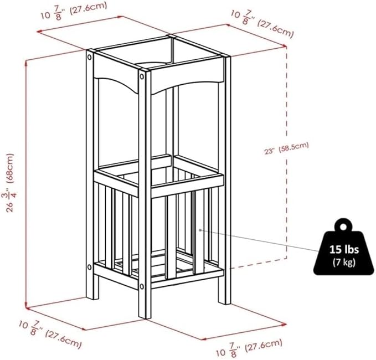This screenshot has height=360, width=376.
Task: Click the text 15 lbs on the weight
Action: coord(344,249)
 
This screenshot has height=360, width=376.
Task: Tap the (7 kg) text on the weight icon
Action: coord(344,263)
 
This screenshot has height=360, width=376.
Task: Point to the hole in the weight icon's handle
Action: coord(343,227)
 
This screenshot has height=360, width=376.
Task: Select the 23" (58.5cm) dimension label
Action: coord(286,148)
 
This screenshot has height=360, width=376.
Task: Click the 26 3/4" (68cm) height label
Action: coord(10,183)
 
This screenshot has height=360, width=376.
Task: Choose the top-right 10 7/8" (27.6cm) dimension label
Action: coord(262,24)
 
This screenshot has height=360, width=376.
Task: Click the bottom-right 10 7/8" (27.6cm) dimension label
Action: coord(249,347)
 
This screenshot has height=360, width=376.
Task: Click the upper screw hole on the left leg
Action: coord(90,57)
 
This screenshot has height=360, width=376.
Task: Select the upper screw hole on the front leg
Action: coord(142,77)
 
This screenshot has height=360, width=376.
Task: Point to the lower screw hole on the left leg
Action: coord(90,267)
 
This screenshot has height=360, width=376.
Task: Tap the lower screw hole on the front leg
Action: coord(142,286)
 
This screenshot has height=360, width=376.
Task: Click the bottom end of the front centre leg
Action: coord(145,318)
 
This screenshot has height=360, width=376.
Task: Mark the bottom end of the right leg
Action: coord(225,303)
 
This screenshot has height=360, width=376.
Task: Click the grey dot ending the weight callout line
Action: coord(200,230)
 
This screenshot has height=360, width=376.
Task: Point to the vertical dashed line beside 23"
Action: coord(286,152)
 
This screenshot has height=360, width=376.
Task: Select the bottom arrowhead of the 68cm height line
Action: coord(26,306)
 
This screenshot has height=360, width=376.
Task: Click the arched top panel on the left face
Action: coord(116,74)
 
